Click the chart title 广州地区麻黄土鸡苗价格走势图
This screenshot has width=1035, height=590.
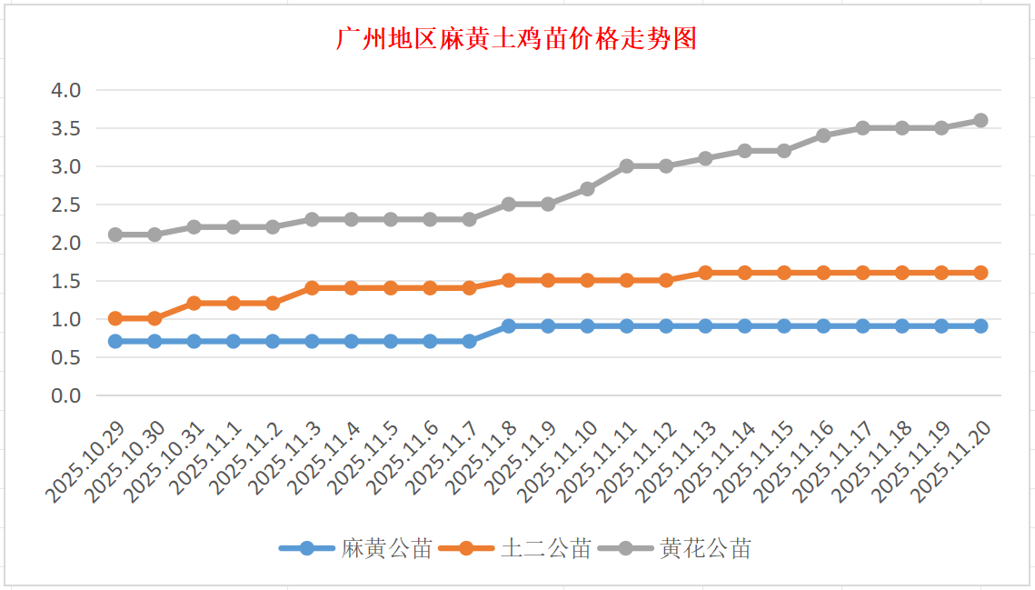point(516,39)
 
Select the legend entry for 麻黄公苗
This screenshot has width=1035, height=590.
point(386,548)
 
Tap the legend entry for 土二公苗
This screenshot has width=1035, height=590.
point(545,548)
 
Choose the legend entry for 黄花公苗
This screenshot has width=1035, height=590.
point(705,548)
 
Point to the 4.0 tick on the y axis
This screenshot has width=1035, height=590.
point(67,90)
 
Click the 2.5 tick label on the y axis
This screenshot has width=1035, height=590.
point(67,205)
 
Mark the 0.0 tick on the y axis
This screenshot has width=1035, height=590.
point(67,395)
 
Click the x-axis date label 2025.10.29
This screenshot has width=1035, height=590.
point(87,460)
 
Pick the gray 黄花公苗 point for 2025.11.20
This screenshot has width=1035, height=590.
point(980,120)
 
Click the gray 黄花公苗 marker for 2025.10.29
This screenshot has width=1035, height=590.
point(115,235)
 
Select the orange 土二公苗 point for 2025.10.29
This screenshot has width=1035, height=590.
point(115,318)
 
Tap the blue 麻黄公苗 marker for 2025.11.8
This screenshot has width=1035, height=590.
point(509,325)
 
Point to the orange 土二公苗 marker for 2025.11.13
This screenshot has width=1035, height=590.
point(705,273)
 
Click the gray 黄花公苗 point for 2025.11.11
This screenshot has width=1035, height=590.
point(627,166)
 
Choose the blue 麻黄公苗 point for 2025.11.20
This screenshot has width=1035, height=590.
point(980,325)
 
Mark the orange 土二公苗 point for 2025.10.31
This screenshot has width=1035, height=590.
point(194,303)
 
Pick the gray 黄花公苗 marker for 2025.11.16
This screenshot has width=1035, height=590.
point(823,135)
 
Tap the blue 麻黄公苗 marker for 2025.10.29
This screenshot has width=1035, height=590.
point(115,341)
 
